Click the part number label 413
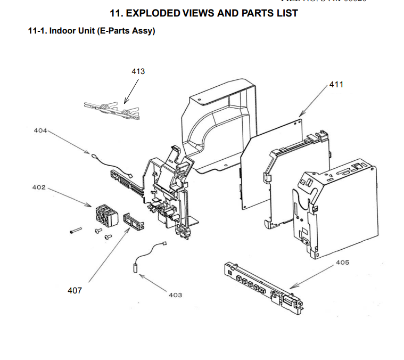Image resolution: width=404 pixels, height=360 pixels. pyautogui.click(x=138, y=71)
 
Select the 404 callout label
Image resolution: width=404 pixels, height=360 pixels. pyautogui.click(x=41, y=130)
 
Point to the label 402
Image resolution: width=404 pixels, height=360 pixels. pyautogui.click(x=39, y=187)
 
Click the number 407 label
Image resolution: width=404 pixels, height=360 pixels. pyautogui.click(x=75, y=290)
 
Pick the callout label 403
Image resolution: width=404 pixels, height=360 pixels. pyautogui.click(x=175, y=294)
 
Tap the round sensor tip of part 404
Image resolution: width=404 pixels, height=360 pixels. pyautogui.click(x=94, y=156)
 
